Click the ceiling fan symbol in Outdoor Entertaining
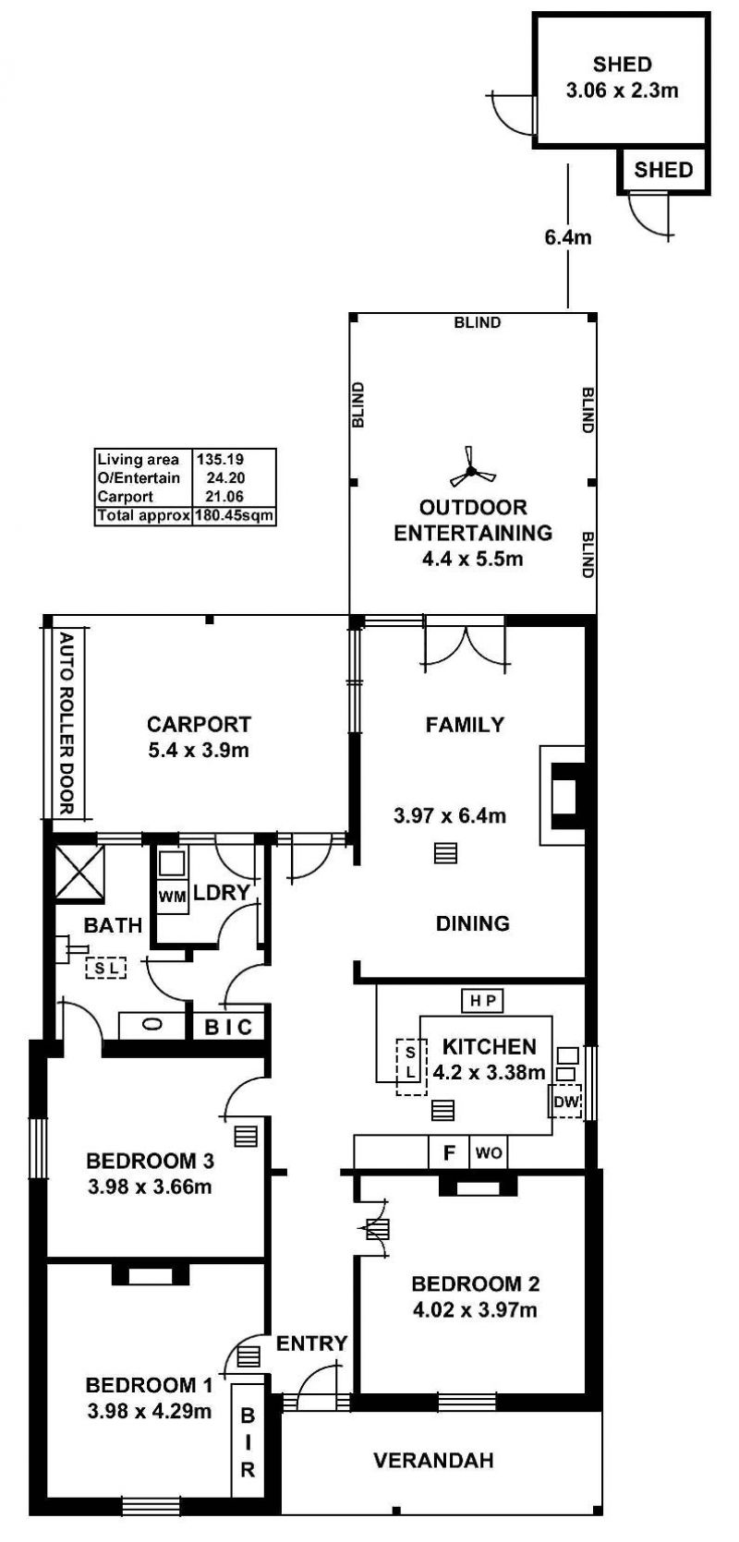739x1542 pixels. coord(471,472)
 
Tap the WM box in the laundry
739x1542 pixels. coord(172,897)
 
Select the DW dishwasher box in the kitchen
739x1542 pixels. coord(566,1102)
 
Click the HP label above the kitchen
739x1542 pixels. coord(482,1001)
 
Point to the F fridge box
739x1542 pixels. coord(449,1152)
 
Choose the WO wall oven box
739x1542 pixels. coord(489,1152)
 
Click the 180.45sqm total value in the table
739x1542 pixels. coord(234,515)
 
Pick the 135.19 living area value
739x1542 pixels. coord(221,459)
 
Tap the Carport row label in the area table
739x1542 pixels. coord(126,497)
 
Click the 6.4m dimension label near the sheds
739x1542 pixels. coord(567,237)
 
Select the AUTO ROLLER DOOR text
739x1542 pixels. coord(67,723)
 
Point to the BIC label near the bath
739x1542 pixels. coord(229,1028)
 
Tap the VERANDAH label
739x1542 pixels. coord(433,1460)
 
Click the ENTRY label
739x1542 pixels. coord(311,1343)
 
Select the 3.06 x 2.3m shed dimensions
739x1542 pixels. coord(622,90)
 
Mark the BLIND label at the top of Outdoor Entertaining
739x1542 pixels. coord(478,322)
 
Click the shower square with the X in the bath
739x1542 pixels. coord(79,873)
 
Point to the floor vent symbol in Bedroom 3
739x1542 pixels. coord(246,1136)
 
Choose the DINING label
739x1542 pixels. coord(472,923)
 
